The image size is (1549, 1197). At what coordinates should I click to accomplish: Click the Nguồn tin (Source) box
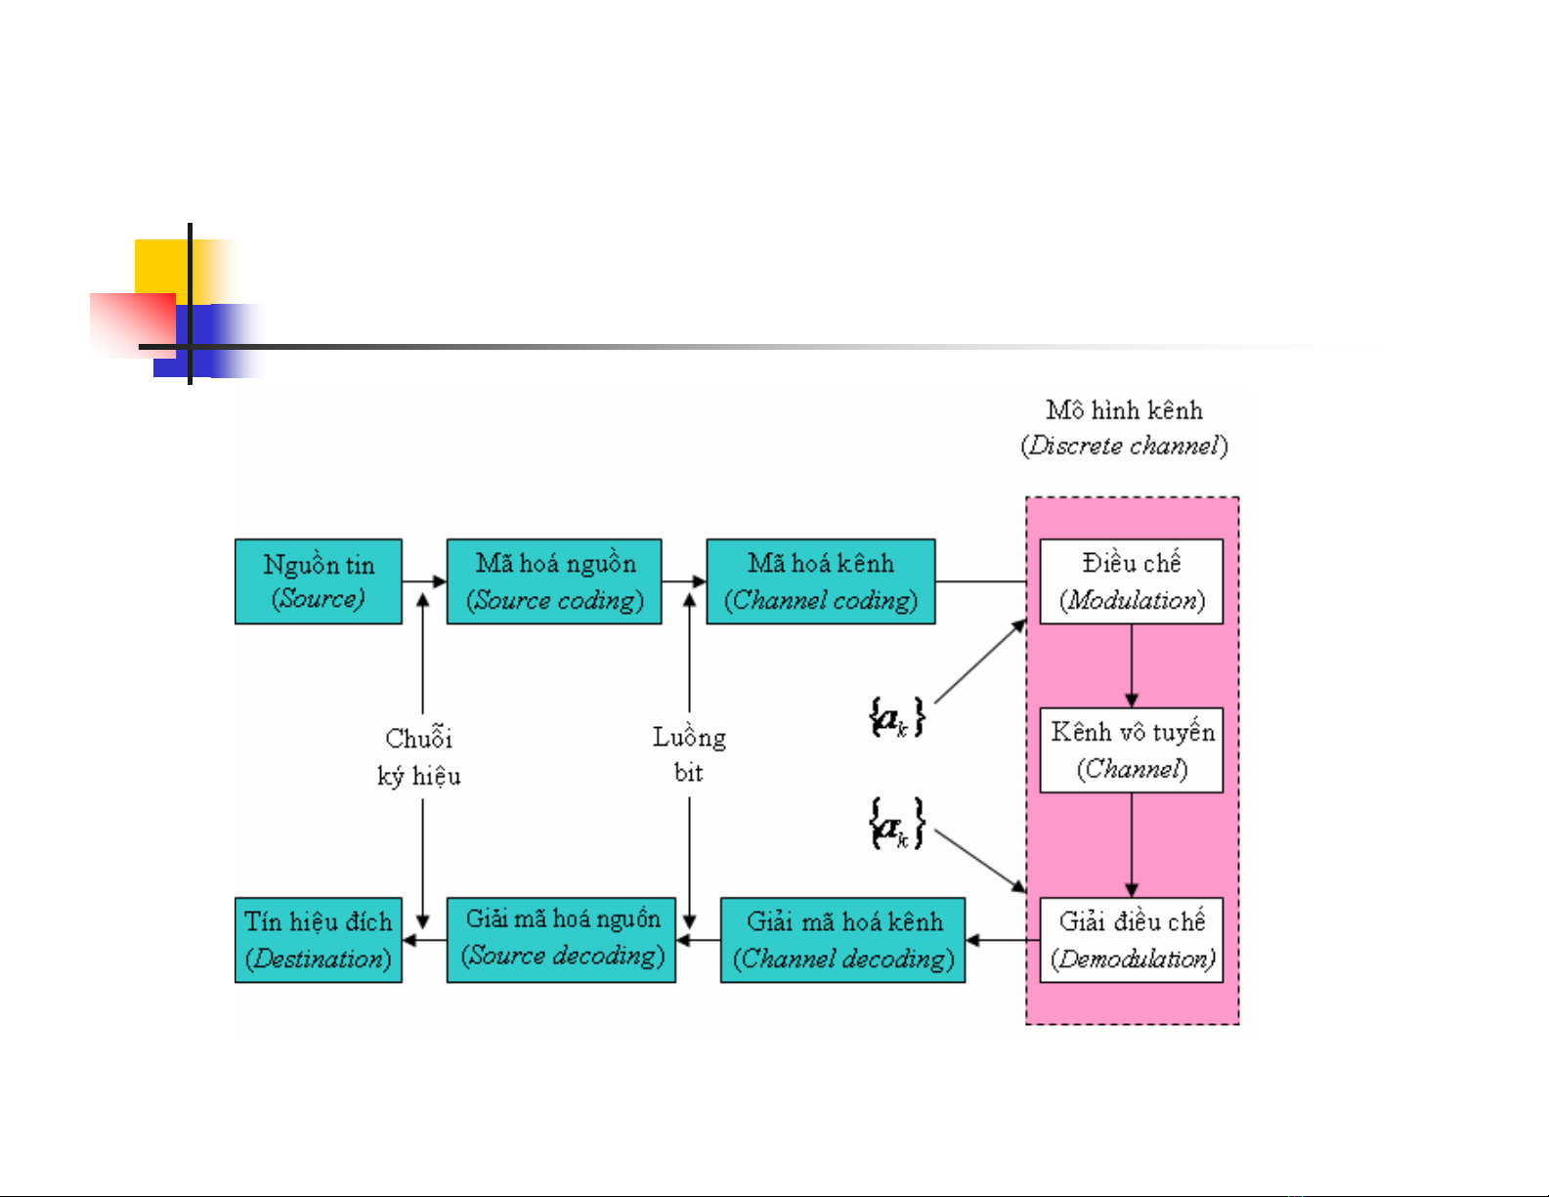click(x=319, y=581)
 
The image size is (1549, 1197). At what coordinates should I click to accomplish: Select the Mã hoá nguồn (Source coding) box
click(x=554, y=581)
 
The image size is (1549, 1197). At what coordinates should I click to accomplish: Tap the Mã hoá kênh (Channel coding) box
click(x=821, y=581)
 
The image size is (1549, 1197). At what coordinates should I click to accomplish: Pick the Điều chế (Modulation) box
click(x=1131, y=581)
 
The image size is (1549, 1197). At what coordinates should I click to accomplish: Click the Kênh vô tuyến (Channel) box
click(x=1131, y=750)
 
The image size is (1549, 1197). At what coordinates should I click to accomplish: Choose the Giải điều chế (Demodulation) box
click(x=1131, y=940)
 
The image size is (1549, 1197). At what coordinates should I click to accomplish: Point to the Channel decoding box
click(x=842, y=940)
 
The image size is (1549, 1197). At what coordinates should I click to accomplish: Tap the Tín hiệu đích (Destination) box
click(x=319, y=940)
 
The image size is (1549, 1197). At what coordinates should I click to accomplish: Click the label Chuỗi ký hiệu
click(x=419, y=756)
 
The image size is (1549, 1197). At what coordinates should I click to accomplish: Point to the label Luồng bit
click(x=689, y=754)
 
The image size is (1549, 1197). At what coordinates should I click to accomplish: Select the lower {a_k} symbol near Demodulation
click(x=896, y=824)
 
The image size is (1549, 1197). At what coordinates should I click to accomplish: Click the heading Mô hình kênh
click(x=1124, y=410)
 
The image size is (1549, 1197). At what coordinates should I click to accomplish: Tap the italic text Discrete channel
click(x=1124, y=447)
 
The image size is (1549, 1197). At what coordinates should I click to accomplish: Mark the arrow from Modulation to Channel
click(x=1132, y=665)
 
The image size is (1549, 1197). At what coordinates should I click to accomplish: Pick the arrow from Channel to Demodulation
click(x=1132, y=845)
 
